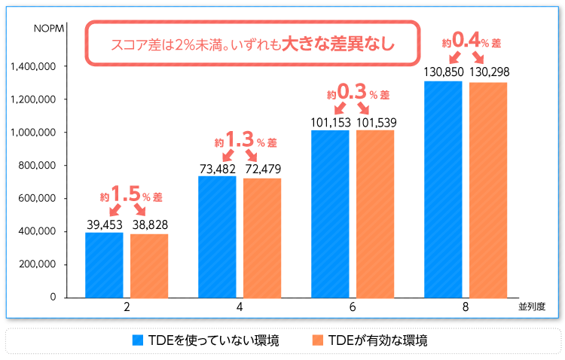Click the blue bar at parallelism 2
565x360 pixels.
pos(104,265)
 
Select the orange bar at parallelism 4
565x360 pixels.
pos(262,237)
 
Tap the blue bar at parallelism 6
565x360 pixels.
pos(330,214)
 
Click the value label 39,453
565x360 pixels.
pos(104,224)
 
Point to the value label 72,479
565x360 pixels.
pos(262,169)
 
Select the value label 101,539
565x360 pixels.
pos(375,122)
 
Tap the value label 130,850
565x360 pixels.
pos(443,72)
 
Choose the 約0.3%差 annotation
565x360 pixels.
pos(357,94)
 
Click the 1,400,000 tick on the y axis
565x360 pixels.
pos(35,66)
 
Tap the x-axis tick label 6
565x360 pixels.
pos(353,307)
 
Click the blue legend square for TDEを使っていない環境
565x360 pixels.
pos(137,340)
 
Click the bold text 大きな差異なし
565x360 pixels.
pos(338,43)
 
